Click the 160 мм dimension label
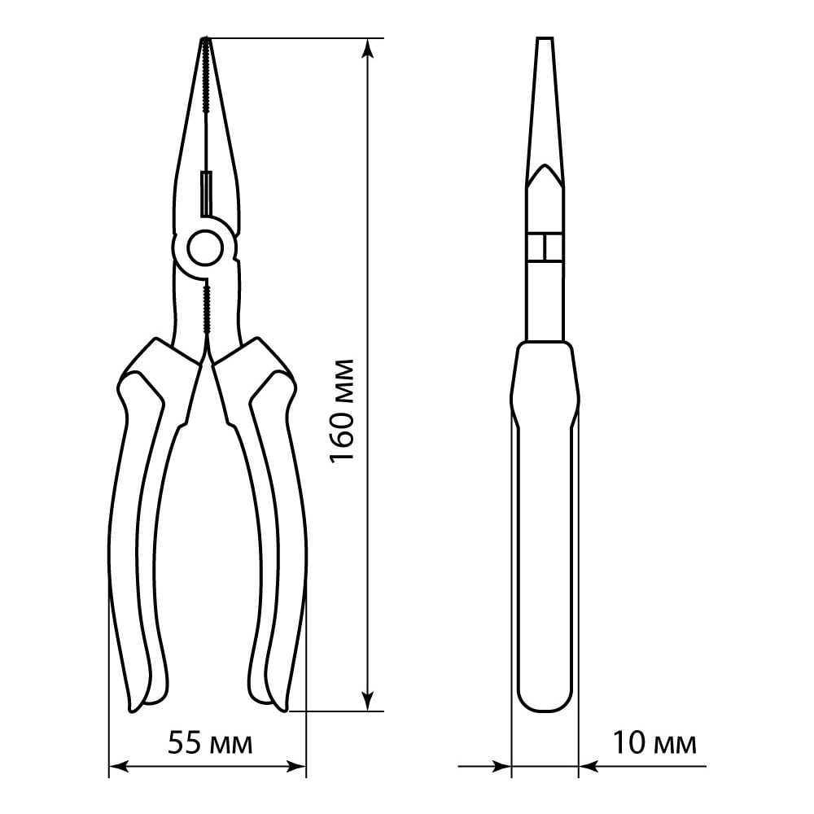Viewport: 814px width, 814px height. [343, 410]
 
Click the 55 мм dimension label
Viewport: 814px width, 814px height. [210, 743]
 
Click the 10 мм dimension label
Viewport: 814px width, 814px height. [654, 743]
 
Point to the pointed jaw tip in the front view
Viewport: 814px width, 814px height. [205, 39]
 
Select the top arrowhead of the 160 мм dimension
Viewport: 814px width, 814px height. [368, 46]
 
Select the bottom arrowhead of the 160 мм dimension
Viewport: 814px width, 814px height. [368, 702]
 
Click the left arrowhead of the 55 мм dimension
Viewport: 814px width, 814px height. [118, 766]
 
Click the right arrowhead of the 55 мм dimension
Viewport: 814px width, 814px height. [296, 766]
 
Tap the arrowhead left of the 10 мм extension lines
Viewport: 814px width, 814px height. [501, 766]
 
